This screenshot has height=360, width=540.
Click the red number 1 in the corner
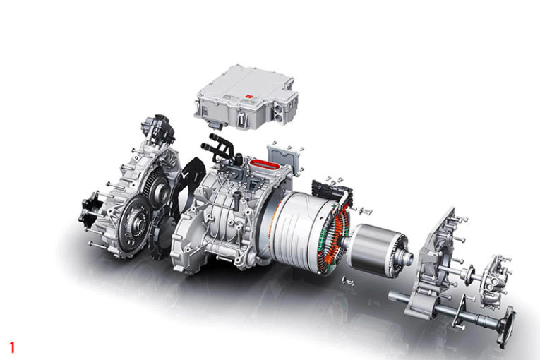point(11,347)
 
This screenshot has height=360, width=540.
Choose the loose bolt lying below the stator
point(349,282)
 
